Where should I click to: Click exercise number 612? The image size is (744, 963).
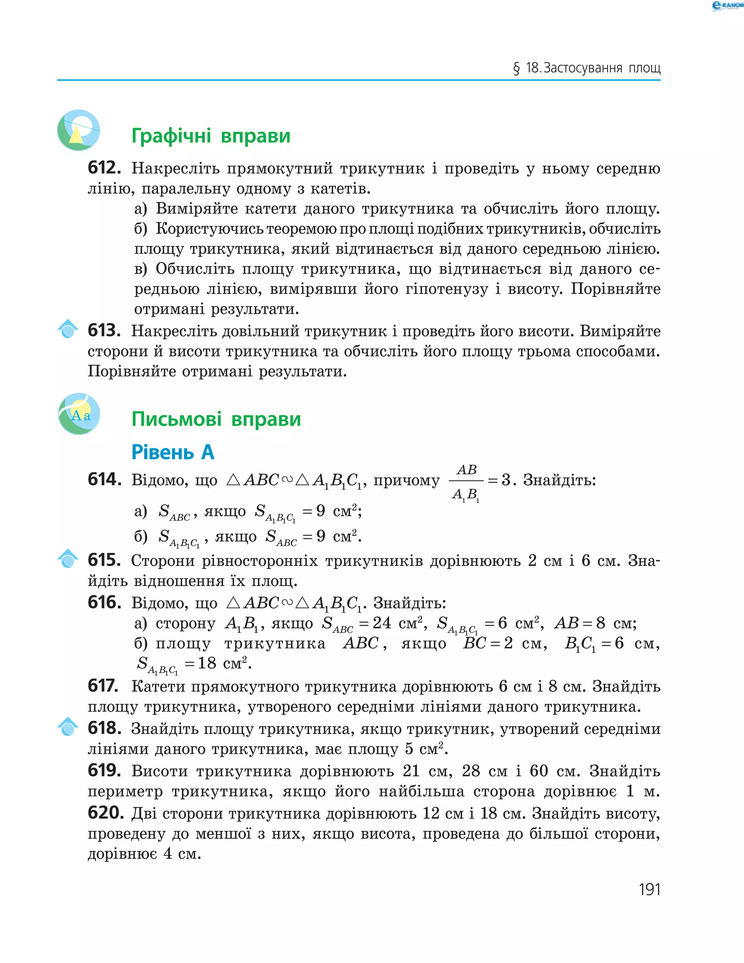[x=104, y=168]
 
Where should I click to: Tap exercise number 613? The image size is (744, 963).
[x=104, y=330]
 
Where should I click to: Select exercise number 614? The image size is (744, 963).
[x=105, y=479]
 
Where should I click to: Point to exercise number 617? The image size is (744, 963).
[x=103, y=686]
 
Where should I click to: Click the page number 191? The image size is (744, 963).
[x=649, y=889]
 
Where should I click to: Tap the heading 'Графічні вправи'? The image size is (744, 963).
[x=211, y=136]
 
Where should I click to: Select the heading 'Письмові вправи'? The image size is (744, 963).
[x=216, y=419]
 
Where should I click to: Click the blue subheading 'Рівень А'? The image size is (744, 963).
[x=173, y=452]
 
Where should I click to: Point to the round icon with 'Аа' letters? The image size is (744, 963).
[x=80, y=414]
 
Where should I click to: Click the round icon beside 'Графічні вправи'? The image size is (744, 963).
[x=78, y=130]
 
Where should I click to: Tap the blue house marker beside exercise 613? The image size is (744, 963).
[x=68, y=328]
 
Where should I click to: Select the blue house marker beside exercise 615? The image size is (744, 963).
[x=68, y=558]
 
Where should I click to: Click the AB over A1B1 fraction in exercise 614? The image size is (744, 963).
[x=466, y=482]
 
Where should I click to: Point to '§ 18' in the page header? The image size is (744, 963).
[x=527, y=68]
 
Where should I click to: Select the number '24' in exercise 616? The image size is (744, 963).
[x=381, y=623]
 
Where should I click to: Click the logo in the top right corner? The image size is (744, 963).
[x=727, y=6]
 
